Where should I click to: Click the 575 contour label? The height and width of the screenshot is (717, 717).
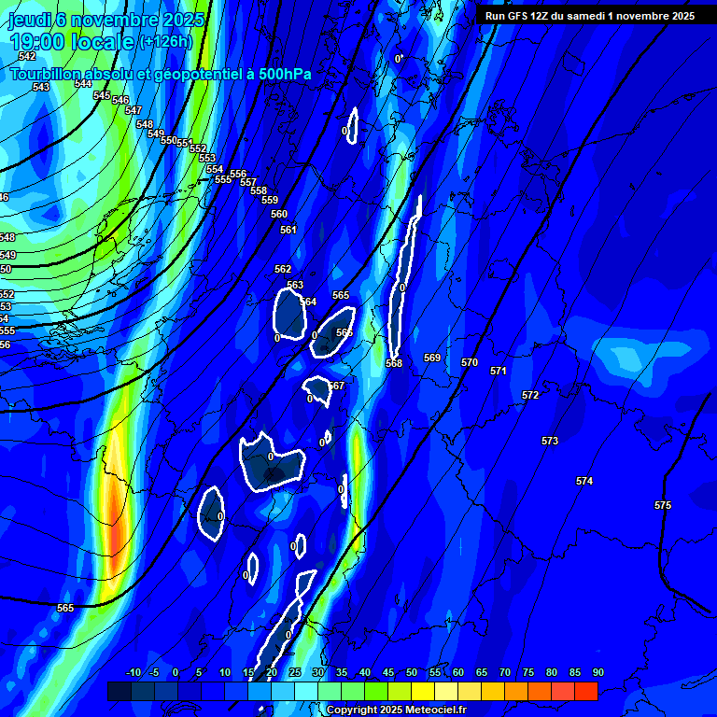(x=663, y=505)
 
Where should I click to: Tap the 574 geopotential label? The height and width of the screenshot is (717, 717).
(x=584, y=481)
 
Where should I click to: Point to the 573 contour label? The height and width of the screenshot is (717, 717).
(x=550, y=441)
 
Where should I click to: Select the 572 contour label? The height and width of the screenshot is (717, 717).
(x=530, y=395)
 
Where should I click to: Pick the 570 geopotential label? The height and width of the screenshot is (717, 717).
(x=470, y=362)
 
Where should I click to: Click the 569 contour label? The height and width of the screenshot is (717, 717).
(x=432, y=358)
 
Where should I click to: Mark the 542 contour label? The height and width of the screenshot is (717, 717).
(x=27, y=57)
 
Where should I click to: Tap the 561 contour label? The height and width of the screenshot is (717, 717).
(x=288, y=230)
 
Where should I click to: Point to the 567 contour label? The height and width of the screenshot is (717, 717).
(x=337, y=386)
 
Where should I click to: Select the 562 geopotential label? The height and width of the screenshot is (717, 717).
(x=283, y=269)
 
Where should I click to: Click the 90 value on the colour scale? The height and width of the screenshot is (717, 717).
(x=597, y=673)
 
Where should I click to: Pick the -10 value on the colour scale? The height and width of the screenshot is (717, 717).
(x=134, y=673)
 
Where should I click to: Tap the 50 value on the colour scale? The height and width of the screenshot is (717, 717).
(x=412, y=673)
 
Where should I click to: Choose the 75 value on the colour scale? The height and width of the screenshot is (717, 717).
(x=528, y=673)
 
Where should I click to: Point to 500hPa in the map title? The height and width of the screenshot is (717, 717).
(x=279, y=74)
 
